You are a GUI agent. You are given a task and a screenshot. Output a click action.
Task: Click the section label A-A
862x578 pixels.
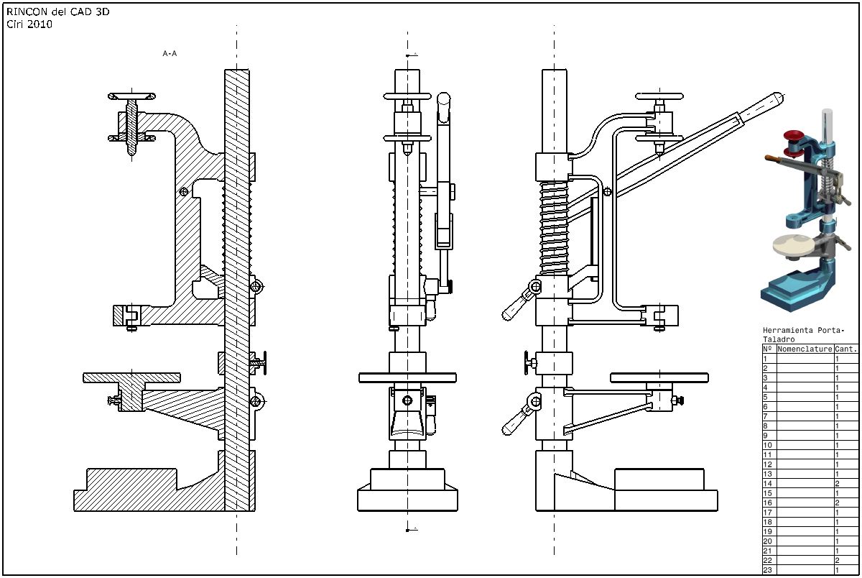(170, 53)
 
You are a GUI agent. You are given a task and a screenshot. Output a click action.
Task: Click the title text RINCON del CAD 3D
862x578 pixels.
(58, 13)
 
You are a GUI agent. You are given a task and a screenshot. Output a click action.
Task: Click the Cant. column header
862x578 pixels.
(845, 349)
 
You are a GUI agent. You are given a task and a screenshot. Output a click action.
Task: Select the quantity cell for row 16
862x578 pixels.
(845, 503)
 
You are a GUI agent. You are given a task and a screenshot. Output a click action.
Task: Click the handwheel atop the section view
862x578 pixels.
(131, 95)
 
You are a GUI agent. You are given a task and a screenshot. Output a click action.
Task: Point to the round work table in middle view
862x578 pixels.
(407, 377)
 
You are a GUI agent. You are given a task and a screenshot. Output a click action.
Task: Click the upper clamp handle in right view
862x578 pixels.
(520, 302)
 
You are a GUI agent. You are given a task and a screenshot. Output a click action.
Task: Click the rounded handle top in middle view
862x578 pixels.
(443, 99)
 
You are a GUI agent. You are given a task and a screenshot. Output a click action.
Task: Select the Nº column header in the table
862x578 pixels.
(768, 349)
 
